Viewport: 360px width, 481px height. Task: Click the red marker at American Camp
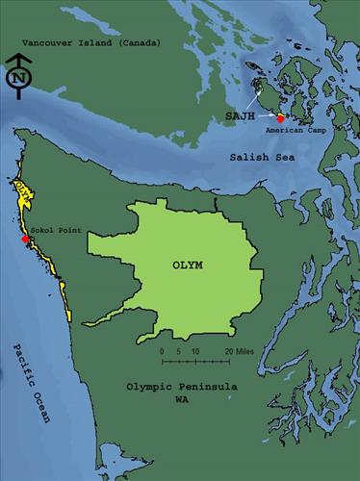[x=281, y=119]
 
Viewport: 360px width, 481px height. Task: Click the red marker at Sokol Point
[x=24, y=239]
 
